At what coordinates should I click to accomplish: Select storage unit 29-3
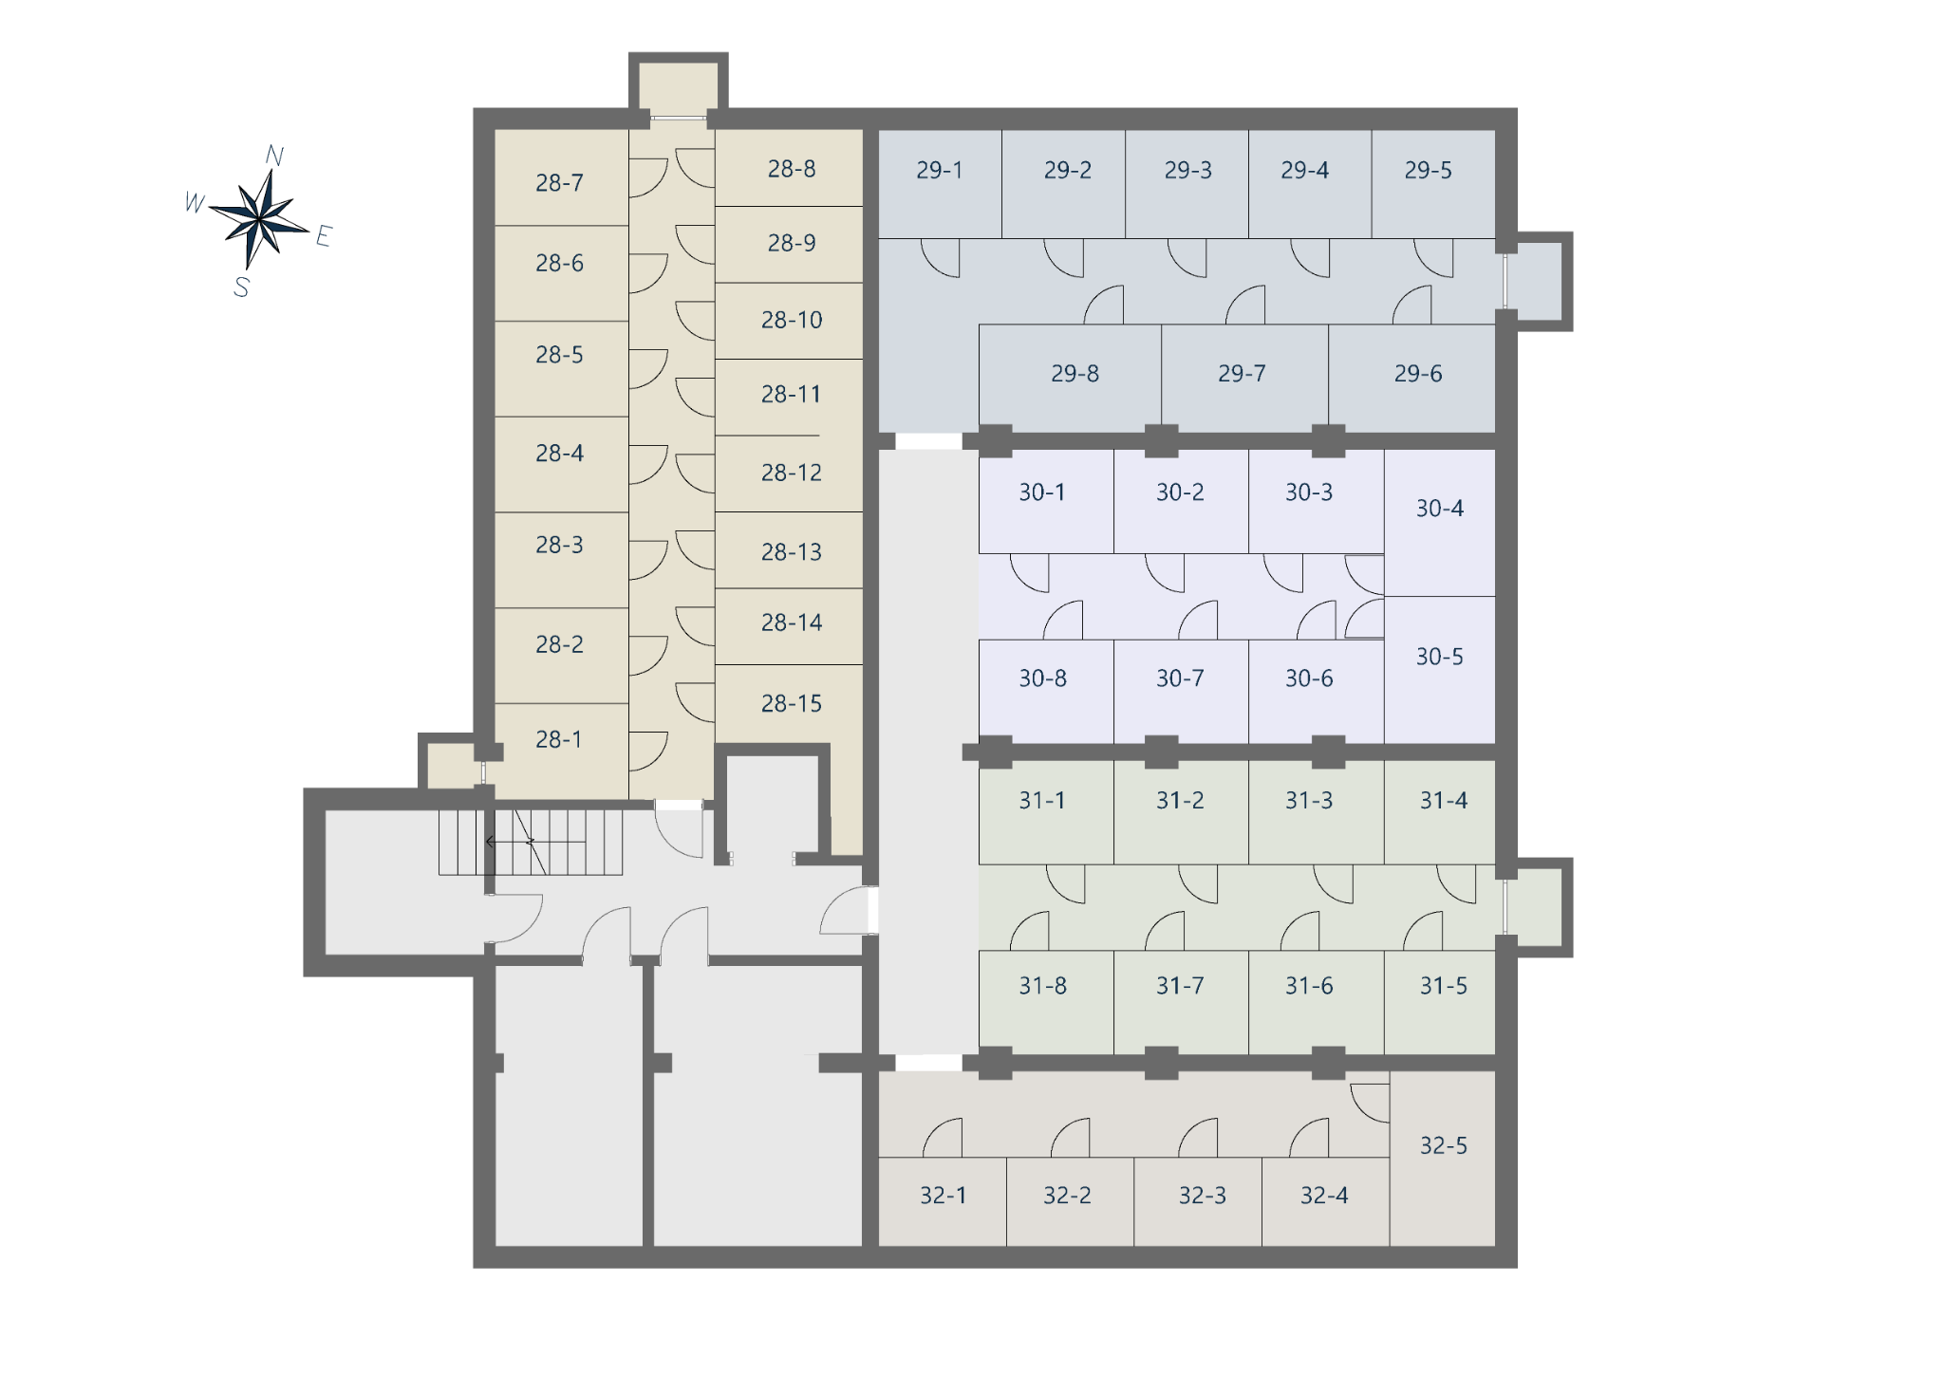pos(1187,183)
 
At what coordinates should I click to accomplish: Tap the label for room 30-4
pos(1440,509)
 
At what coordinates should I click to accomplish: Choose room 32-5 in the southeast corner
pos(1443,1158)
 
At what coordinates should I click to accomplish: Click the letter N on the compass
pos(274,156)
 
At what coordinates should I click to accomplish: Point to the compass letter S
pos(241,287)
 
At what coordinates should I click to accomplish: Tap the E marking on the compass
pos(324,236)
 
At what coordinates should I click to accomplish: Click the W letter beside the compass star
pos(195,202)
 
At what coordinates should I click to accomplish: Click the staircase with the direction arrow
pos(531,842)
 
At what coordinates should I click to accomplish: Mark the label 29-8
pos(1075,374)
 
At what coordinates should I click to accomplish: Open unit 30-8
pos(1046,691)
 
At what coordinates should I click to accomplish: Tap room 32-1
pos(943,1201)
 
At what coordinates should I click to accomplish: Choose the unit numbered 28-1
pos(560,751)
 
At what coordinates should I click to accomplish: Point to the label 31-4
pos(1444,801)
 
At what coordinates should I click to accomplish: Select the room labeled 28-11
pos(789,397)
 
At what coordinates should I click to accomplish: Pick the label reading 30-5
pos(1440,657)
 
